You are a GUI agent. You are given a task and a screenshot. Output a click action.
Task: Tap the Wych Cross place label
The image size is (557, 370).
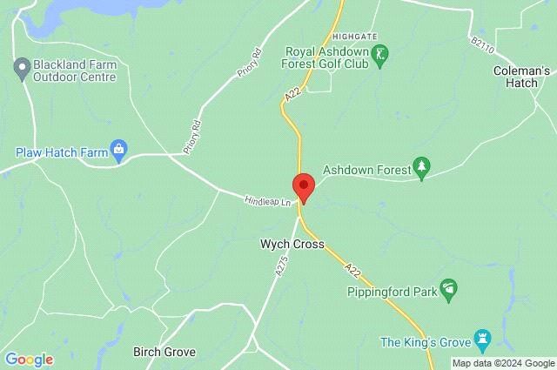pyautogui.click(x=292, y=245)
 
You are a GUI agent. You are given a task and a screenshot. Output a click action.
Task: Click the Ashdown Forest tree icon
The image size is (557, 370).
pyautogui.click(x=422, y=168)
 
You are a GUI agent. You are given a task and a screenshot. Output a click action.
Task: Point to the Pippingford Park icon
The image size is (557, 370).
pyautogui.click(x=449, y=288)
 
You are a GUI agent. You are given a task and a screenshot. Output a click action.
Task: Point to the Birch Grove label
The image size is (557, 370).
pyautogui.click(x=164, y=353)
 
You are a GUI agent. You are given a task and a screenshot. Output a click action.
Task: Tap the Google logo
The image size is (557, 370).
pyautogui.click(x=29, y=359)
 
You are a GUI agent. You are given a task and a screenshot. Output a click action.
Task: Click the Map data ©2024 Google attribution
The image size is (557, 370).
pyautogui.click(x=503, y=363)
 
